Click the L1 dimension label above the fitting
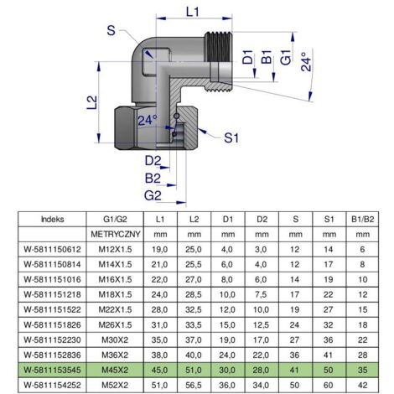click(193, 12)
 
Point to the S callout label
click(111, 30)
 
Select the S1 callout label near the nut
click(231, 137)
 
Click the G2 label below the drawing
click(153, 195)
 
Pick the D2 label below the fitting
click(153, 161)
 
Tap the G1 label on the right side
click(286, 58)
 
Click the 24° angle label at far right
click(306, 62)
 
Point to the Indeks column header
click(52, 219)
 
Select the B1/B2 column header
click(362, 219)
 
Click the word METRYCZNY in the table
click(116, 234)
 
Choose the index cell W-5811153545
click(52, 370)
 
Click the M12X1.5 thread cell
click(115, 249)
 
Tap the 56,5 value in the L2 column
click(194, 385)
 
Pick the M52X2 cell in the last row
click(115, 385)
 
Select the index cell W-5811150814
click(52, 264)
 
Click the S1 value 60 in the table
click(329, 385)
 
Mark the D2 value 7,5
click(261, 294)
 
